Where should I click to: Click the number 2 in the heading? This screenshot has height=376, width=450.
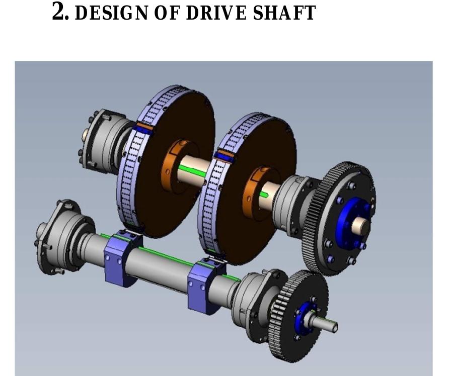click(x=58, y=11)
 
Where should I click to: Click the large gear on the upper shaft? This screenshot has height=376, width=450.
click(x=339, y=218)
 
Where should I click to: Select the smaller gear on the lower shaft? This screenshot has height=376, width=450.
click(x=298, y=315)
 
